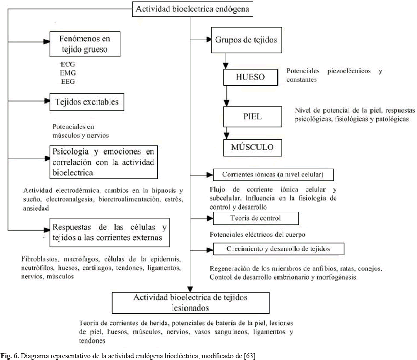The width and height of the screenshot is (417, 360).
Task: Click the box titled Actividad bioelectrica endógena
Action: tap(190, 9)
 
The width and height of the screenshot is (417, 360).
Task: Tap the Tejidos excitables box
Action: tap(86, 102)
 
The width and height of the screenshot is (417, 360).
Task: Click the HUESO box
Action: tap(251, 78)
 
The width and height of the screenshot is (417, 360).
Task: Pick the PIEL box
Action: tap(251, 116)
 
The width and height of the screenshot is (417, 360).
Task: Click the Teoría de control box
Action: tap(256, 218)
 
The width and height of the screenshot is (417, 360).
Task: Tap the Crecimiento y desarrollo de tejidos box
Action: tap(279, 249)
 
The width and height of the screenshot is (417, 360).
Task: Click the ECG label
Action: tap(67, 65)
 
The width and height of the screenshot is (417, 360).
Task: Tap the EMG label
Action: tap(67, 73)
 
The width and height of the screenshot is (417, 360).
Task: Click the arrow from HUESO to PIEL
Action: tap(227, 96)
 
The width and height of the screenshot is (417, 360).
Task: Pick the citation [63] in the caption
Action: tap(250, 356)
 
